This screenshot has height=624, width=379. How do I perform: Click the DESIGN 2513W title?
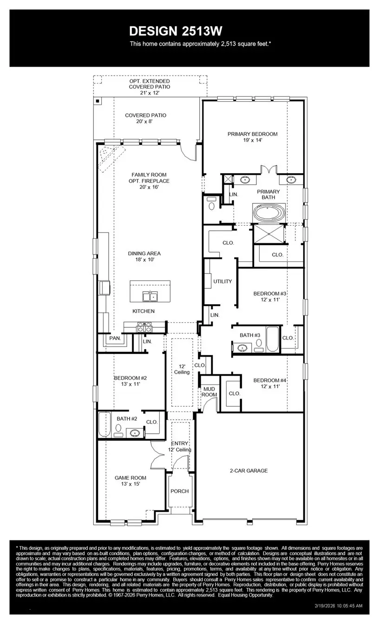[176, 31]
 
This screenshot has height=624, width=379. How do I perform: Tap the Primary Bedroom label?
[252, 134]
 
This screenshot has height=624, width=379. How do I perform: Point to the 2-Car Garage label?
[248, 470]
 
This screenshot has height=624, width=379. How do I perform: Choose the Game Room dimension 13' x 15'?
[131, 484]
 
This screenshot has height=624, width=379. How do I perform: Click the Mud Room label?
[209, 391]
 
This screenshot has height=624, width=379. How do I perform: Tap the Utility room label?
[222, 281]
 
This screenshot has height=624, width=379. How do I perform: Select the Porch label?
[179, 491]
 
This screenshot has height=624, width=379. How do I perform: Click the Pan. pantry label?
[115, 338]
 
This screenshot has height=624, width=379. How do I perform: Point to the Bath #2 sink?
[135, 433]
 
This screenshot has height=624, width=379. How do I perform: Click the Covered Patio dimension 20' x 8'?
[145, 121]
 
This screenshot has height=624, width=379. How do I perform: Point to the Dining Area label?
[144, 253]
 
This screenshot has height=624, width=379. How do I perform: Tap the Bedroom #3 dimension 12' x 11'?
[270, 300]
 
